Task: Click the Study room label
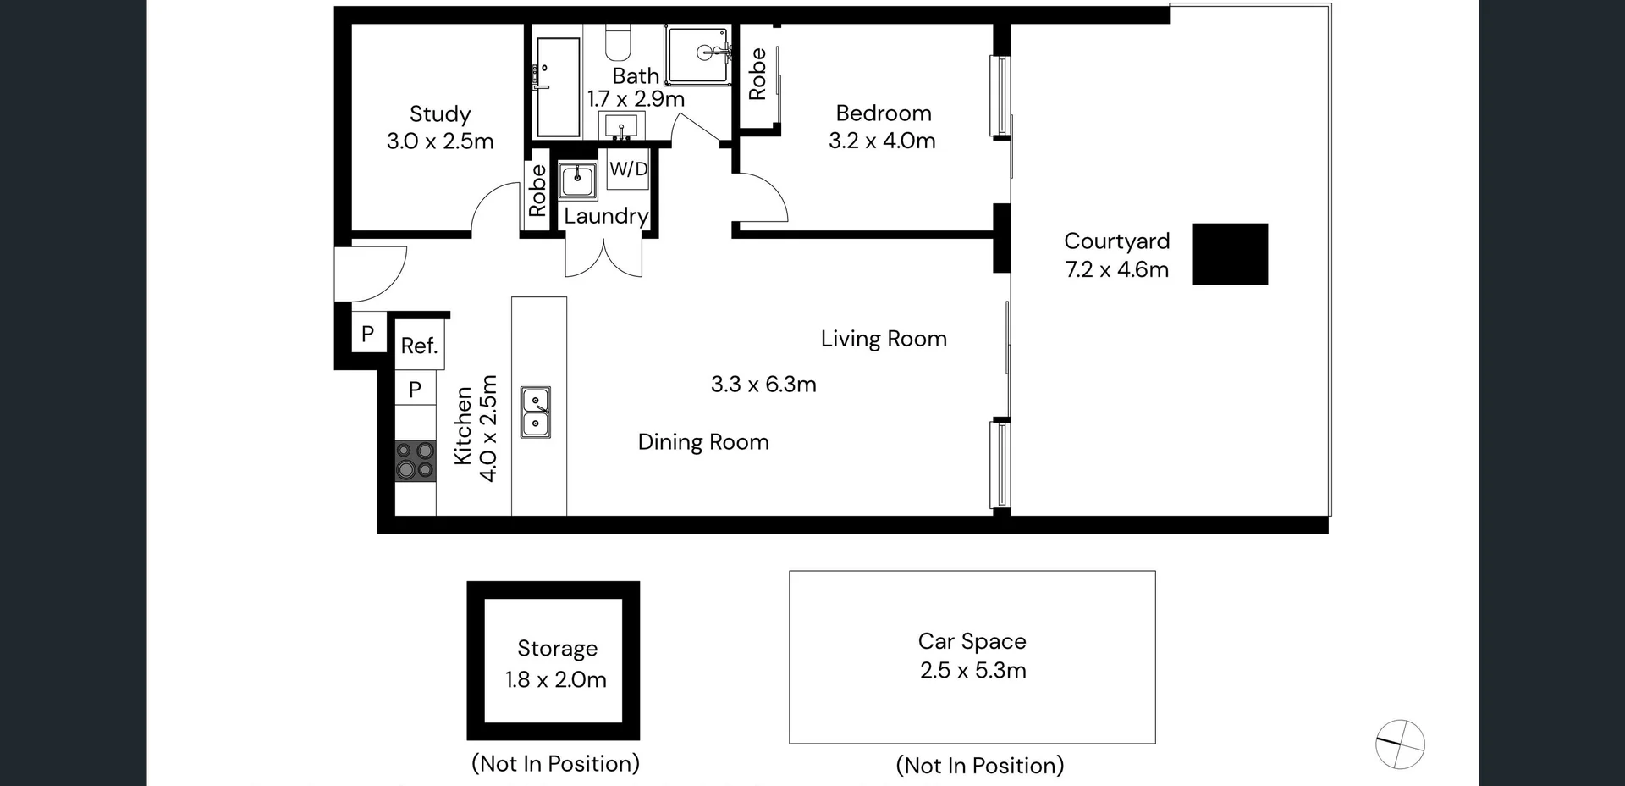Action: pyautogui.click(x=439, y=114)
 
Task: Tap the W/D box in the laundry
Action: pyautogui.click(x=628, y=169)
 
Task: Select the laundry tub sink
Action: pyautogui.click(x=578, y=180)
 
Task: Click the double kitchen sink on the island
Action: pyautogui.click(x=535, y=412)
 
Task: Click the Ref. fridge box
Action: pyautogui.click(x=419, y=346)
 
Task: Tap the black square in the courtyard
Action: pyautogui.click(x=1230, y=254)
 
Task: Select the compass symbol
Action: pyautogui.click(x=1400, y=744)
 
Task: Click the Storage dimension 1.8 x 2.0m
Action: pyautogui.click(x=556, y=679)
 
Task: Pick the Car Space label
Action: pyautogui.click(x=972, y=641)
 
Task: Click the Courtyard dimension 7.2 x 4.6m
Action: pyautogui.click(x=1116, y=269)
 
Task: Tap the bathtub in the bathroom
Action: pyautogui.click(x=557, y=86)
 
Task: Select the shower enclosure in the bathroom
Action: pyautogui.click(x=697, y=54)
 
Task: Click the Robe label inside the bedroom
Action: pyautogui.click(x=757, y=75)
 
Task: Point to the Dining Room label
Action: pyautogui.click(x=702, y=442)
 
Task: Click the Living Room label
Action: pyautogui.click(x=883, y=339)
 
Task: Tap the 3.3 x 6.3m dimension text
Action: pyautogui.click(x=763, y=385)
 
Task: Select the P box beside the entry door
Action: pyautogui.click(x=367, y=334)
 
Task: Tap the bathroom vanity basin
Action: pyautogui.click(x=621, y=128)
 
